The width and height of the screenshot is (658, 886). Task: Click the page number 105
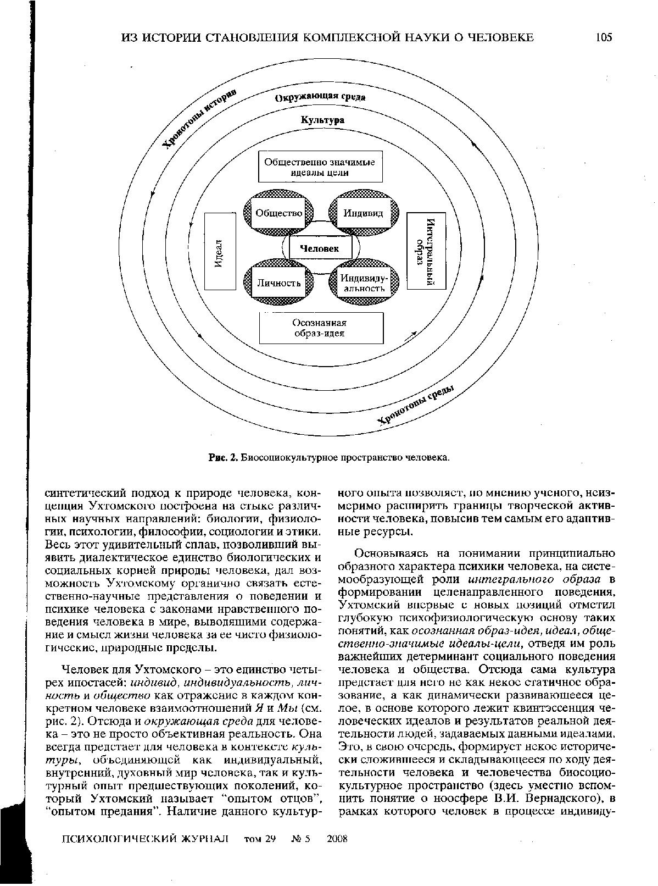point(603,37)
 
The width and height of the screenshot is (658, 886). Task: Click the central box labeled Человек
point(320,248)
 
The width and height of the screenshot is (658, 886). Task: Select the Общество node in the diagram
point(278,213)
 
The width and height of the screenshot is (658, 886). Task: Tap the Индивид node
point(363,213)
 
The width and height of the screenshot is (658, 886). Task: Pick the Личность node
point(279,283)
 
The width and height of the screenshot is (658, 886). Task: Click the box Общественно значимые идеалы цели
point(320,167)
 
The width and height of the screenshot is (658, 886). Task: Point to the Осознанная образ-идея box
point(321,328)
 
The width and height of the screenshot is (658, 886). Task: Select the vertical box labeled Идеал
point(219,252)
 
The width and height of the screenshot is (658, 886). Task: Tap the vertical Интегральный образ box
point(426,251)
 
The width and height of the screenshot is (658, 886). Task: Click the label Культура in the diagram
point(322,120)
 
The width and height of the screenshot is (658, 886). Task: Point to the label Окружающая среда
point(320,98)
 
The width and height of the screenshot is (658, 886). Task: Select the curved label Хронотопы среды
point(416,406)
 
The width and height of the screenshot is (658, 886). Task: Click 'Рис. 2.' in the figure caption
point(222,457)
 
